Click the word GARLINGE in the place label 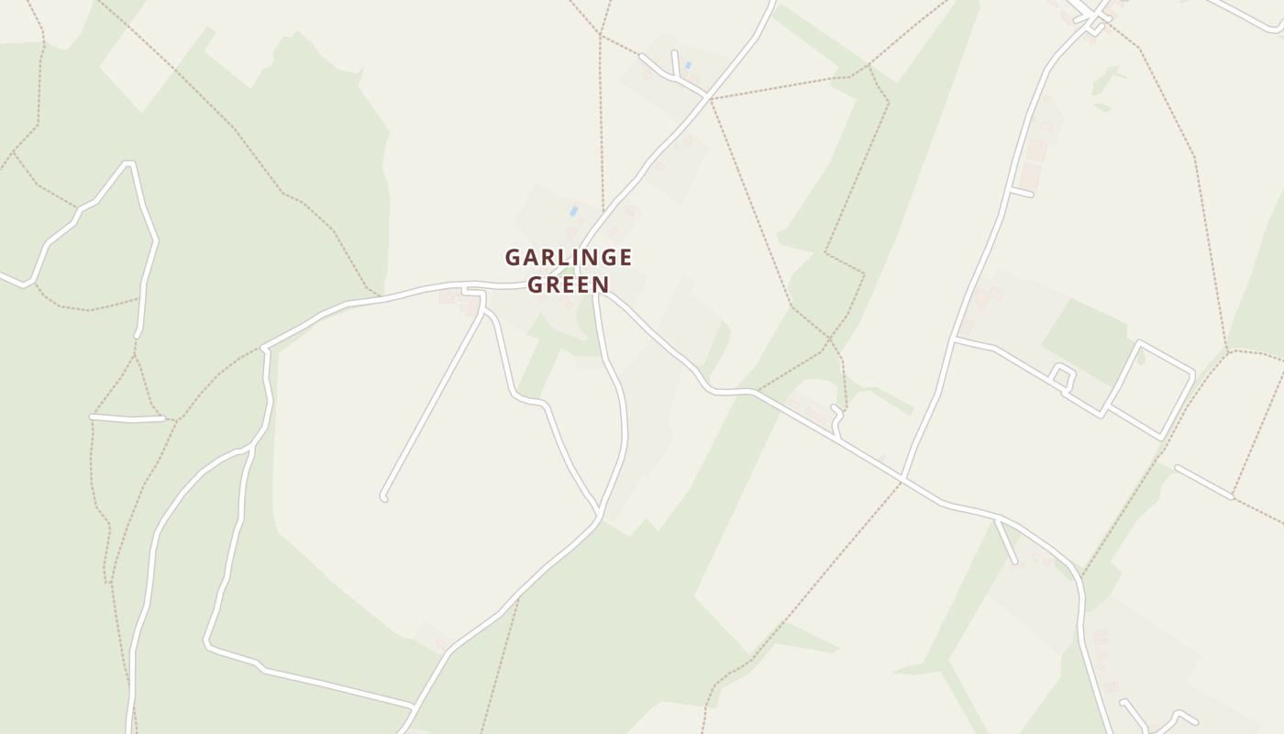[x=568, y=258]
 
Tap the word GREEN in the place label [x=568, y=284]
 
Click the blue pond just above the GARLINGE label [x=574, y=211]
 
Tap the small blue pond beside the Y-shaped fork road [x=688, y=65]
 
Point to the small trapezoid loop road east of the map [x=1063, y=375]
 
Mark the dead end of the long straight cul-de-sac [x=383, y=497]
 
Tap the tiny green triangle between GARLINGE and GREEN [x=568, y=272]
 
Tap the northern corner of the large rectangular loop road [x=1139, y=344]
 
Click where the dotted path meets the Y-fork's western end [x=641, y=56]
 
